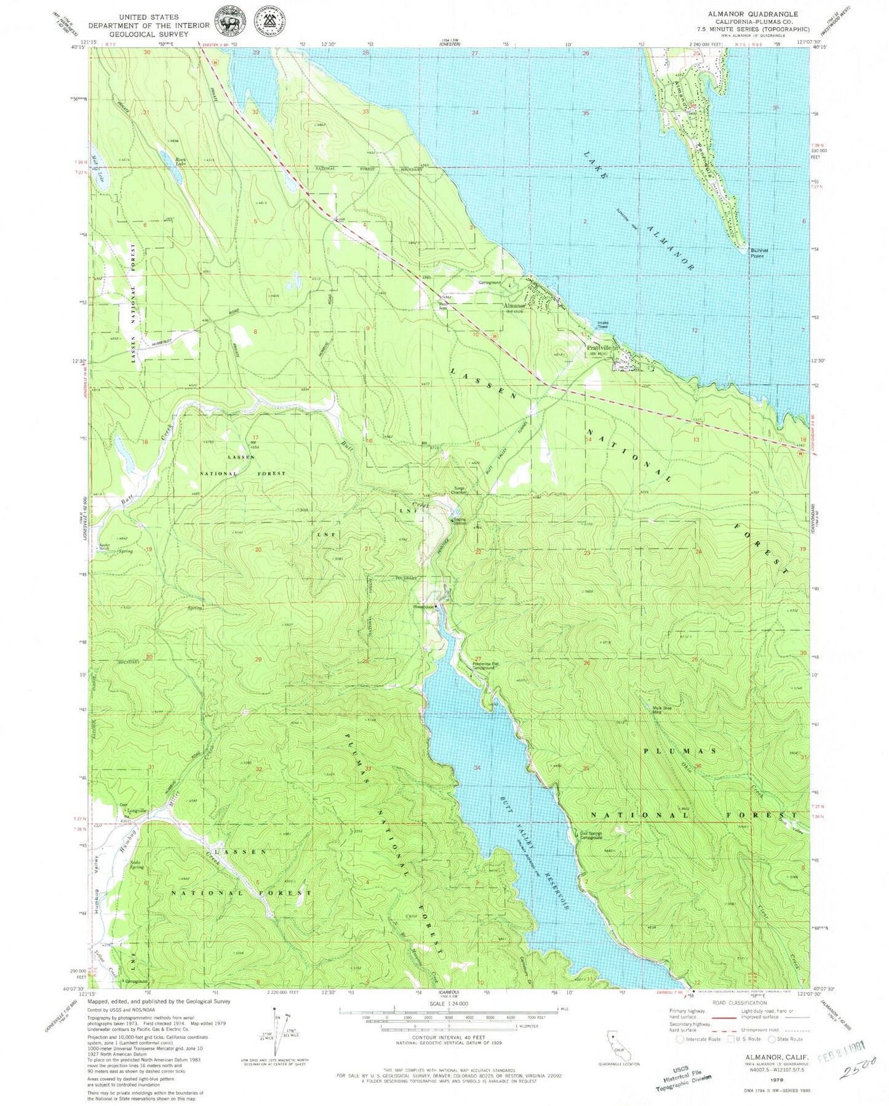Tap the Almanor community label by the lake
pyautogui.click(x=514, y=305)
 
